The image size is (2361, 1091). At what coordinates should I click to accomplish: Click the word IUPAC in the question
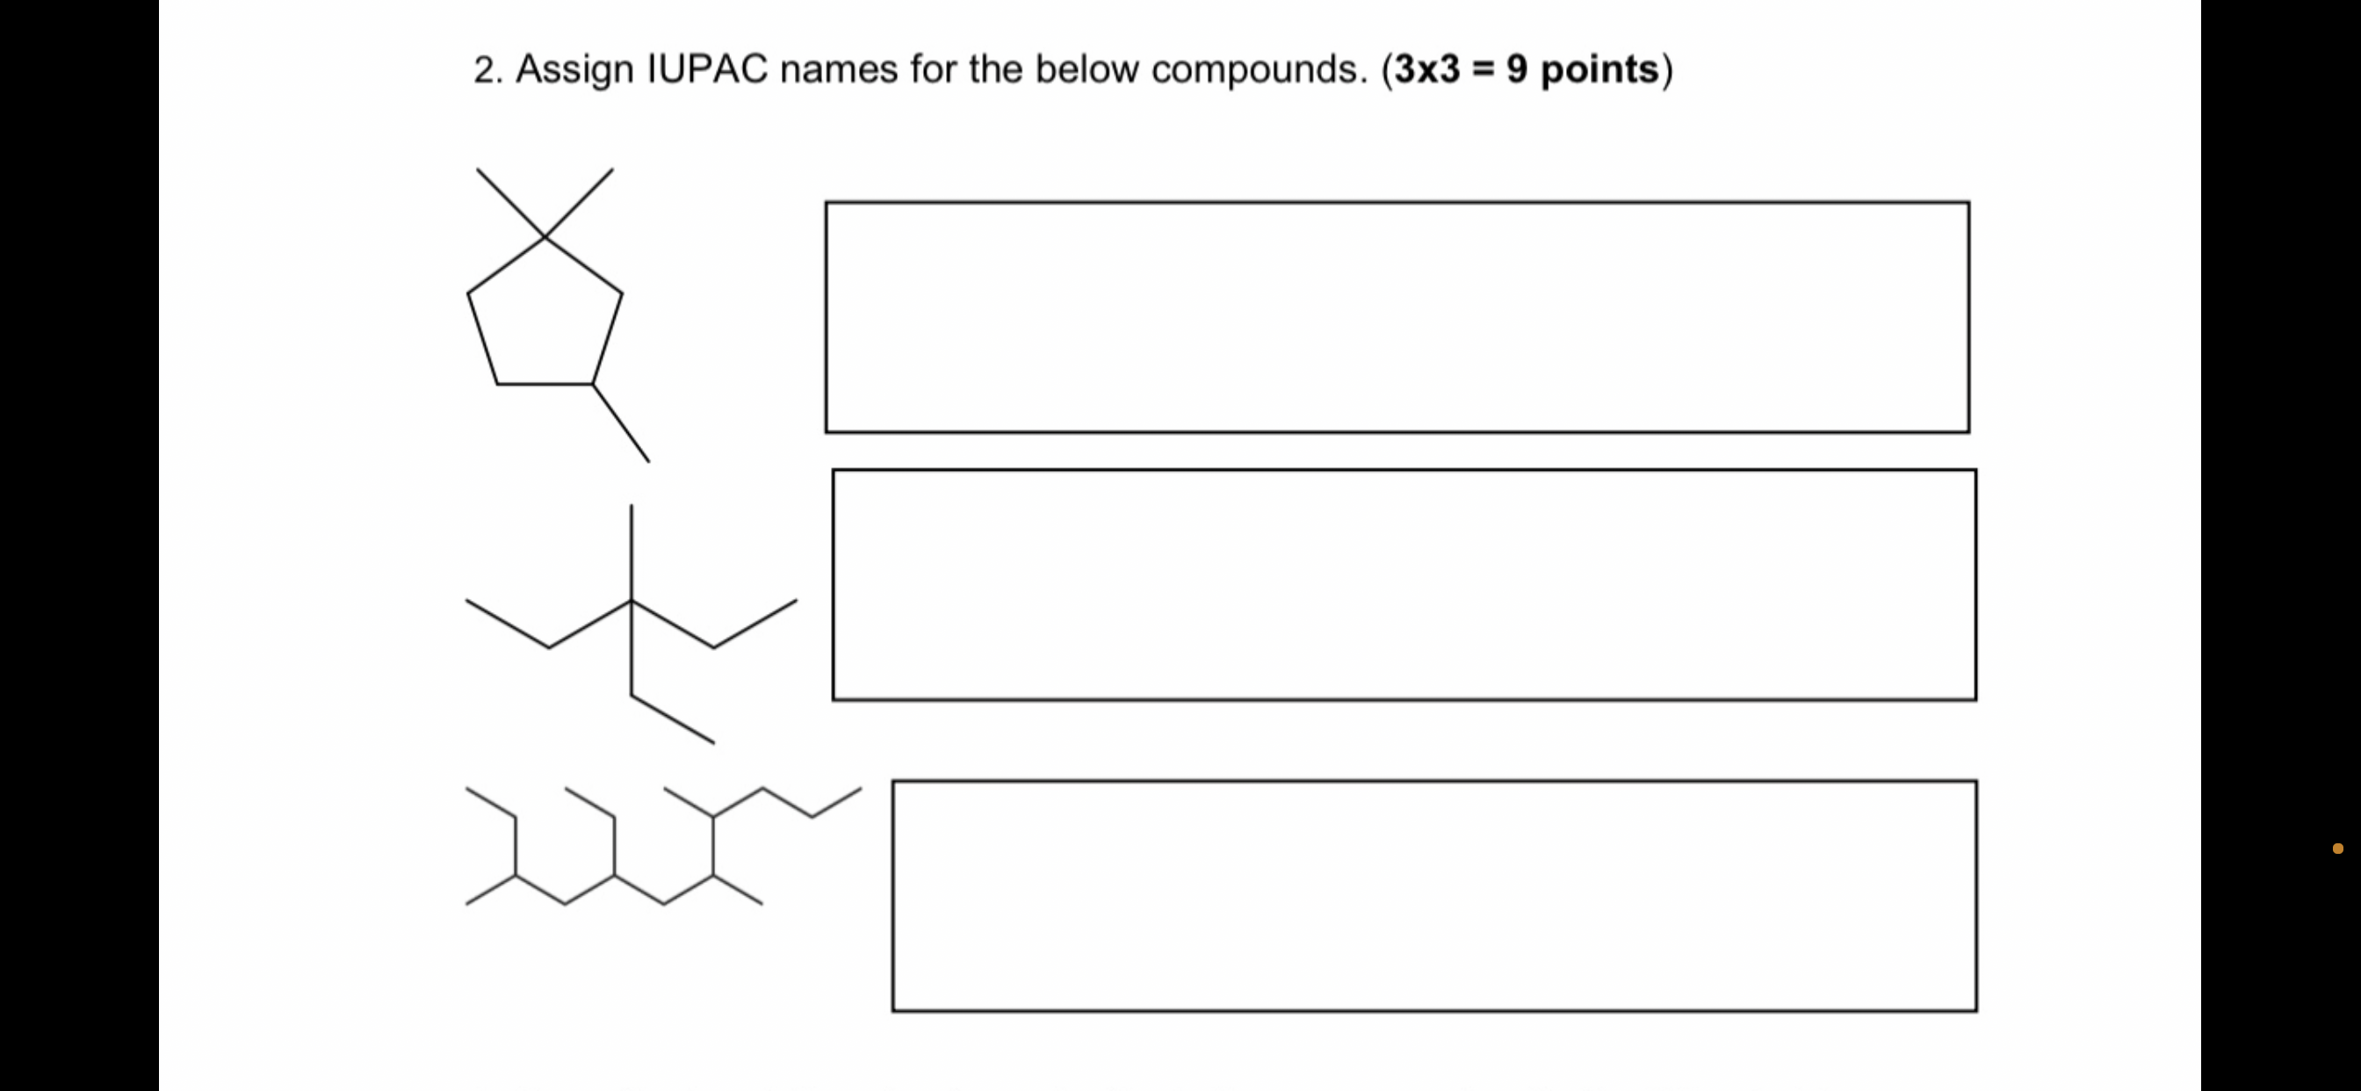(x=707, y=69)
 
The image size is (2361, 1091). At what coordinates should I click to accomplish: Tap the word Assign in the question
(x=574, y=69)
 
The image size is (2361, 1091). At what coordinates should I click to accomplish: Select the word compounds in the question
(x=1260, y=69)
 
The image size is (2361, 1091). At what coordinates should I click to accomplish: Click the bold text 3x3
(x=1427, y=69)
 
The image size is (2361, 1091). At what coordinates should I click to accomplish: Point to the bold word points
(x=1599, y=69)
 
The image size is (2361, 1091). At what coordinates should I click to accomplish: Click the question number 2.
(x=487, y=69)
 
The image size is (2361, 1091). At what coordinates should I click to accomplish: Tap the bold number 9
(x=1517, y=69)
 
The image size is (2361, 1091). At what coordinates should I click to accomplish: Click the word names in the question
(x=839, y=69)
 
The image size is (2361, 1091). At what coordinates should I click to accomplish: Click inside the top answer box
(x=1397, y=316)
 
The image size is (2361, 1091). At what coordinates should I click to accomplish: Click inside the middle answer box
(x=1404, y=585)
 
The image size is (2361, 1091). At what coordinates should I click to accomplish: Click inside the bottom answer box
(x=1434, y=896)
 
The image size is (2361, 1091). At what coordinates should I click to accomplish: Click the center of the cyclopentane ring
(x=545, y=321)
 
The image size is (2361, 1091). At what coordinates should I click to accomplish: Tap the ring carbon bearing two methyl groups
(x=545, y=237)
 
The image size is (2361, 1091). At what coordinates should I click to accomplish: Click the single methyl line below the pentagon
(x=621, y=423)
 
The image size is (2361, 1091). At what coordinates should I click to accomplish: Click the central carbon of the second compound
(x=632, y=601)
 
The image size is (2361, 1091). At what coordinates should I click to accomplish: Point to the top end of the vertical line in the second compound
(x=632, y=507)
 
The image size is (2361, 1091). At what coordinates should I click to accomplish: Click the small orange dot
(x=2337, y=848)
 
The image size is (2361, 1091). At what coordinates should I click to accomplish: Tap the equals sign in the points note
(x=1483, y=69)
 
